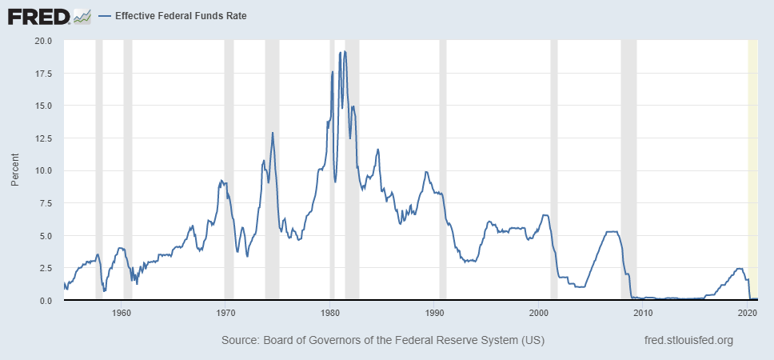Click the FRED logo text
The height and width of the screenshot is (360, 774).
37,15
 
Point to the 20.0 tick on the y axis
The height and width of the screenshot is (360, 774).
42,40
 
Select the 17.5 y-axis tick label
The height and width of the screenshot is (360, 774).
42,73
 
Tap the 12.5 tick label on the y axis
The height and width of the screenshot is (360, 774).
42,138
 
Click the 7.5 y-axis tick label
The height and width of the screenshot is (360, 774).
44,203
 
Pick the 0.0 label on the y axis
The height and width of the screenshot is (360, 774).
44,301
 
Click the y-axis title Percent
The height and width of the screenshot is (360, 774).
14,170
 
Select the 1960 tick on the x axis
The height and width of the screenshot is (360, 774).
122,313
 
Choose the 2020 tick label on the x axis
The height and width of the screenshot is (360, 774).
748,313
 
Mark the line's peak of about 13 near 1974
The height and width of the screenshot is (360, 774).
273,133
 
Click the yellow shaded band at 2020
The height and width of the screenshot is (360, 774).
752,160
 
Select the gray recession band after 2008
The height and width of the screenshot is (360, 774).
628,160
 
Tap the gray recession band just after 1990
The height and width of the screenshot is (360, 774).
443,160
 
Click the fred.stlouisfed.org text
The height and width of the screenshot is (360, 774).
688,341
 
